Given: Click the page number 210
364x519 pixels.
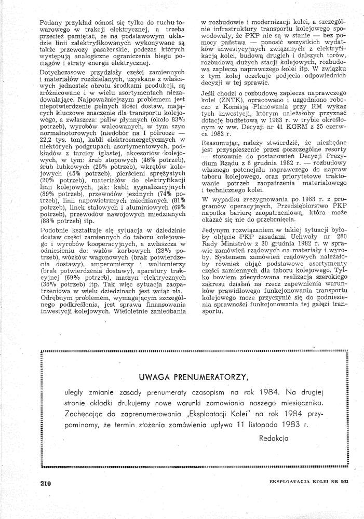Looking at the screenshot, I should [45, 483].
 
